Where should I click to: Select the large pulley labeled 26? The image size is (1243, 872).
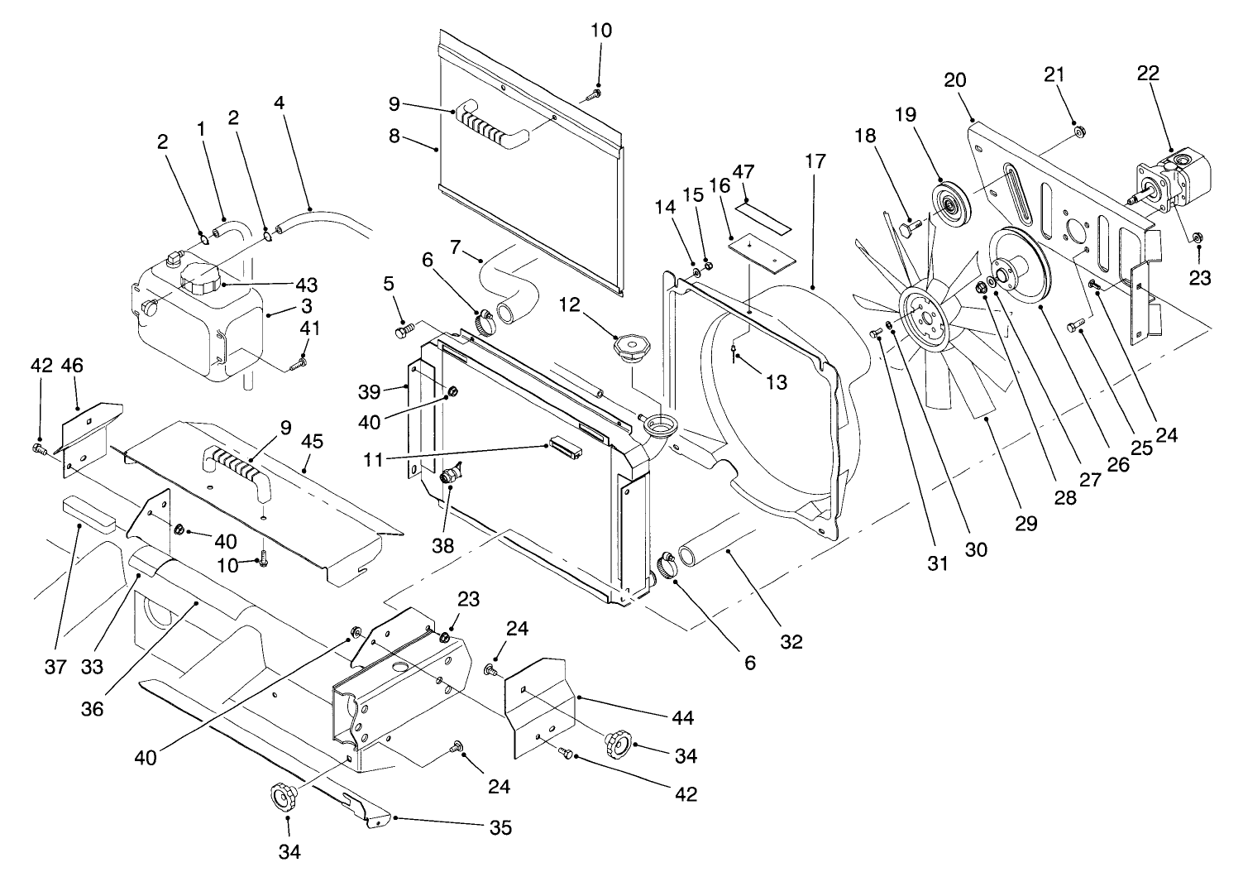point(1019,266)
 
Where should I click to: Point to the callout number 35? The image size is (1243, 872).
point(500,827)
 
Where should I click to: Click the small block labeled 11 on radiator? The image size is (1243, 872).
point(564,450)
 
